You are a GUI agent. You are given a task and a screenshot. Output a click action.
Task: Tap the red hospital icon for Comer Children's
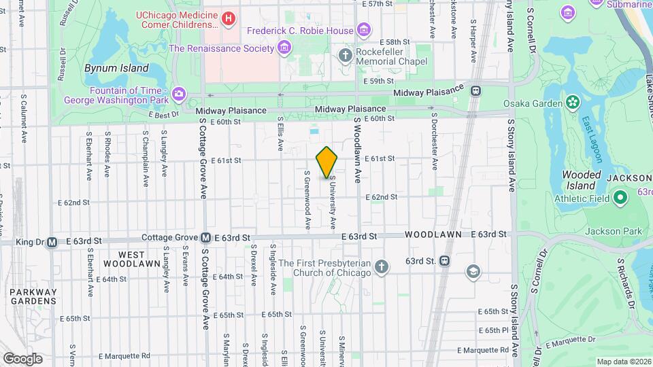point(229,19)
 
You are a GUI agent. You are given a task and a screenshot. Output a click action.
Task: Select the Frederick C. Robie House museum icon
point(365,30)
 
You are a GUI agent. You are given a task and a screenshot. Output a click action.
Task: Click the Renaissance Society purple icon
point(284,48)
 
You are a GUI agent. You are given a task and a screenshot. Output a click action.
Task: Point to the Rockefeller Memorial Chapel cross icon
point(346,54)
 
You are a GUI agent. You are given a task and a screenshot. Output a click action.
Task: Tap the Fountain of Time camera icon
point(179,93)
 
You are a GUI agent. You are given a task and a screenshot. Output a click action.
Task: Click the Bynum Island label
point(116,68)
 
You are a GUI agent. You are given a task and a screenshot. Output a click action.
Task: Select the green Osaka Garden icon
point(573,103)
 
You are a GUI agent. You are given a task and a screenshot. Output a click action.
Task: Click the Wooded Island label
point(582,179)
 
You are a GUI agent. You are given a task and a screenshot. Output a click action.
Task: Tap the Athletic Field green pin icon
point(620,198)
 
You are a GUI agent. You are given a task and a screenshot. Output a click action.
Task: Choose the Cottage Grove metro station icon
point(205,238)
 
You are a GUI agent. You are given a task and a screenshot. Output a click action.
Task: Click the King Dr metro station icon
point(52,241)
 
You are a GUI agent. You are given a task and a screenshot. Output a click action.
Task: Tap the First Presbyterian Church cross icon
point(382,267)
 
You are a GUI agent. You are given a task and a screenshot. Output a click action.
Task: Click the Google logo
point(22,359)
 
